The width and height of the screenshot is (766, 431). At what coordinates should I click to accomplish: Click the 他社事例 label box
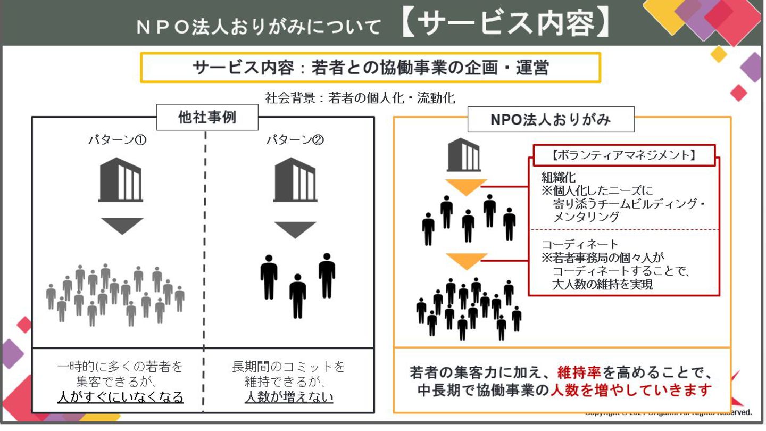[x=207, y=118]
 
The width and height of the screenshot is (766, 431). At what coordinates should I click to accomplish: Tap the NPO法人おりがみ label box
[x=551, y=120]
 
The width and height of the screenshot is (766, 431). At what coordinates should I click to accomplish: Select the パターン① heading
[x=117, y=140]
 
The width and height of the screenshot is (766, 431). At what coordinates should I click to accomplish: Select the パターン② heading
[x=295, y=140]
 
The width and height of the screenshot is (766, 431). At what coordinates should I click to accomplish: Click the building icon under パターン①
[x=121, y=180]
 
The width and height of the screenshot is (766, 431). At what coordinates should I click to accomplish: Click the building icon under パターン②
[x=295, y=180]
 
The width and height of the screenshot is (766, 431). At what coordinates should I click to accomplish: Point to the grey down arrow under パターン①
[x=122, y=226]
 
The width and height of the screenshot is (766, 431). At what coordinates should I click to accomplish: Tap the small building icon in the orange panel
[x=463, y=154]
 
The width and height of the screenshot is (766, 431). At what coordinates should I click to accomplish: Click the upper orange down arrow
[x=467, y=187]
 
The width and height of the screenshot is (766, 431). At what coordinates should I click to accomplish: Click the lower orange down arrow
[x=467, y=260]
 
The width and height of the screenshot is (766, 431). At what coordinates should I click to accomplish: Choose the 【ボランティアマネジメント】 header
[x=624, y=155]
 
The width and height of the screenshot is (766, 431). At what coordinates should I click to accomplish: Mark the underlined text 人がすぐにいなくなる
[x=120, y=397]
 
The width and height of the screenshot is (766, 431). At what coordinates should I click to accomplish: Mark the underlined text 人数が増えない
[x=289, y=397]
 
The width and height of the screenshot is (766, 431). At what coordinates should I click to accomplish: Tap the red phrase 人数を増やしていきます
[x=631, y=390]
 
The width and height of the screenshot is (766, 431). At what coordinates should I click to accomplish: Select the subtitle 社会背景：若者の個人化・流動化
[x=360, y=98]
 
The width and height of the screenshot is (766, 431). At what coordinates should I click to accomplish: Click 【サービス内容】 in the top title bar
[x=505, y=24]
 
